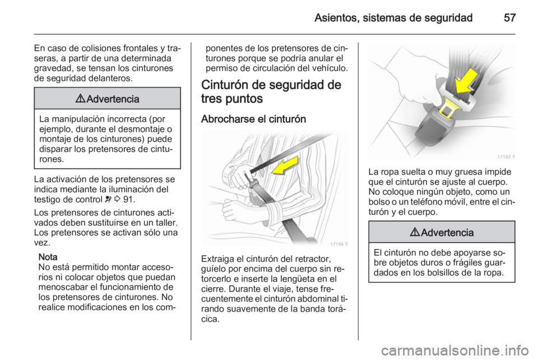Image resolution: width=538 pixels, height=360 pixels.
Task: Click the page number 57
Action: pyautogui.click(x=508, y=17)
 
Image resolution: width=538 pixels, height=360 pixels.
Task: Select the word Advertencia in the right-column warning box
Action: pyautogui.click(x=446, y=232)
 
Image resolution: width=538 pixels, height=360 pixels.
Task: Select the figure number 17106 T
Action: pyautogui.click(x=338, y=243)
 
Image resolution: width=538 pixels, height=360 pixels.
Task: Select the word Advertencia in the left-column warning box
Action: pyautogui.click(x=112, y=99)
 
